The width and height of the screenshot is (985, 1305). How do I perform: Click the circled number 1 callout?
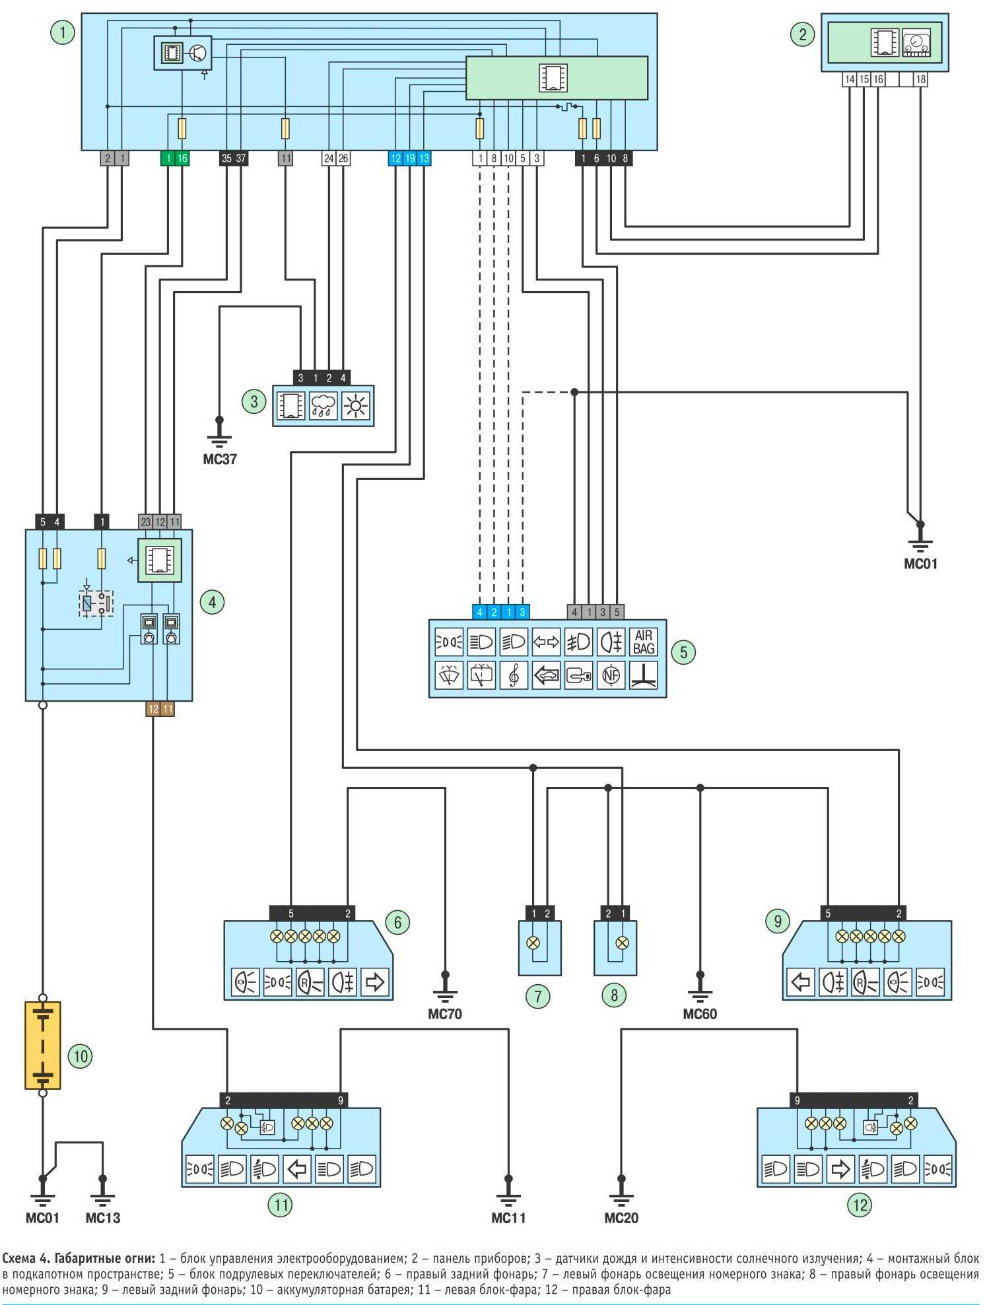63,32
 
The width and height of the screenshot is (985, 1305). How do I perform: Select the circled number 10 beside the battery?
81,1055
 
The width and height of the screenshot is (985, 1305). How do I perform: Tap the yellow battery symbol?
43,1045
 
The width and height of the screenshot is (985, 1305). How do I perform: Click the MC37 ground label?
220,459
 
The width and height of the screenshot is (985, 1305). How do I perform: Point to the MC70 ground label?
445,1014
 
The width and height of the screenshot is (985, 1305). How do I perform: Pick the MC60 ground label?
700,1014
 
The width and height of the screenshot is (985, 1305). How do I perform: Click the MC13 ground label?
103,1218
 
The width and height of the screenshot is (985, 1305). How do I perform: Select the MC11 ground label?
508,1218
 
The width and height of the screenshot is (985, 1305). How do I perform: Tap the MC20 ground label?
621,1218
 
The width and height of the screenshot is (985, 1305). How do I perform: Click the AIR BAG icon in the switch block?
644,642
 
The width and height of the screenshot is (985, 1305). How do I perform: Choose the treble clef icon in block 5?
514,675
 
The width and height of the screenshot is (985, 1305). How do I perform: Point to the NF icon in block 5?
611,675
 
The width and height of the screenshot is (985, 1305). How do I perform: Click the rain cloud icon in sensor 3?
323,405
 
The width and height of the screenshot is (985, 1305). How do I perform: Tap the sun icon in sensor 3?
356,405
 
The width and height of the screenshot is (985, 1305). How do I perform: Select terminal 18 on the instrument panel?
920,80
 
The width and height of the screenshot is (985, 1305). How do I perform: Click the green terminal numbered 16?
182,158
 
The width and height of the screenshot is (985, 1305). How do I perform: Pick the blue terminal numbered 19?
409,158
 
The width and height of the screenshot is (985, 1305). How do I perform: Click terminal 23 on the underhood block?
146,521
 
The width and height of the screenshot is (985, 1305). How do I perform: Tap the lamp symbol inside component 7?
533,943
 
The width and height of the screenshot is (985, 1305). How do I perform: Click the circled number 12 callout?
860,1205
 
